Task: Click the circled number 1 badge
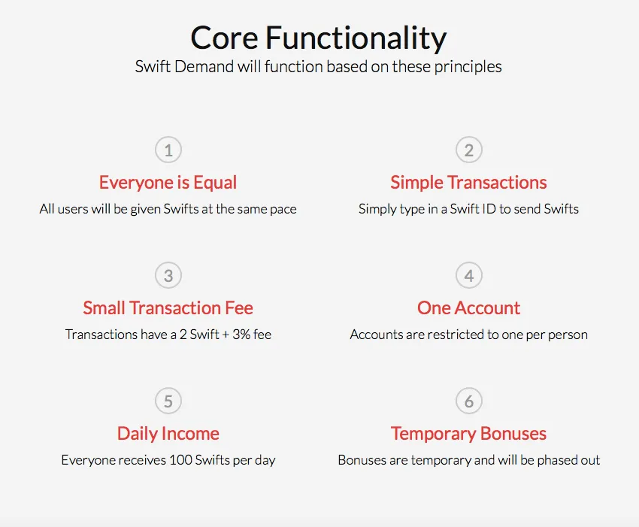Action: pos(168,150)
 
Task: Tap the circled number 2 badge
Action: pos(469,150)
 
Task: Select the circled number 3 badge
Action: pos(168,275)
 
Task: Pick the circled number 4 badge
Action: pos(469,275)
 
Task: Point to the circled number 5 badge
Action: pos(168,401)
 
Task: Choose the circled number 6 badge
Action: pos(469,401)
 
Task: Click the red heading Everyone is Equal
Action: pos(168,183)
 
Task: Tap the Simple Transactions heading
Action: pos(468,182)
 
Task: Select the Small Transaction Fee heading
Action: pos(168,307)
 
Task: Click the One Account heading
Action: pos(468,307)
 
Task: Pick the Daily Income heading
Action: pos(168,434)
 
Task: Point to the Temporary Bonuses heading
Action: pos(468,434)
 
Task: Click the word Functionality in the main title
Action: pos(356,38)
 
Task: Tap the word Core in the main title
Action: pos(224,38)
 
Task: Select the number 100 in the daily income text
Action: pos(180,460)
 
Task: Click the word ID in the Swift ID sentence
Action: pos(489,209)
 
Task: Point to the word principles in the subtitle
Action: pos(468,67)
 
